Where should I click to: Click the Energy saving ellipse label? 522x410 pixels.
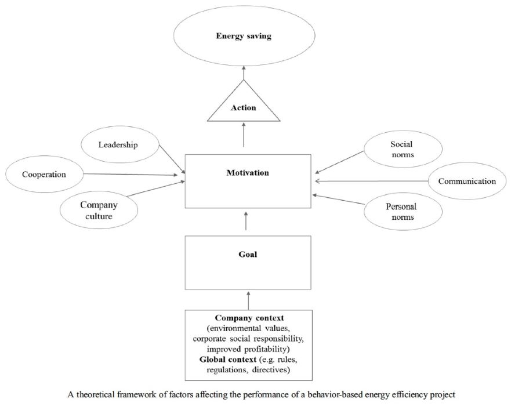244,36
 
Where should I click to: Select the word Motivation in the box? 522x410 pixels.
248,173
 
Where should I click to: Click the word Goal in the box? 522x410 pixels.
248,255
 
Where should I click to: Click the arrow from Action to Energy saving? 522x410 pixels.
244,72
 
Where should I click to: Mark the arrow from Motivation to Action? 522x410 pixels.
244,135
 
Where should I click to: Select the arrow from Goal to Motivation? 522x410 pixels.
246,220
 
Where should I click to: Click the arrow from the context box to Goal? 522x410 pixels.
248,300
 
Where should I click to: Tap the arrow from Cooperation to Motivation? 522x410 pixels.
130,174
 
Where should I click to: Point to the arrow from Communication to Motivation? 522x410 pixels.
371,181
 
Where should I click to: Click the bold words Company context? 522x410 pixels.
249,318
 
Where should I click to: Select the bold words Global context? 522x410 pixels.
228,360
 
